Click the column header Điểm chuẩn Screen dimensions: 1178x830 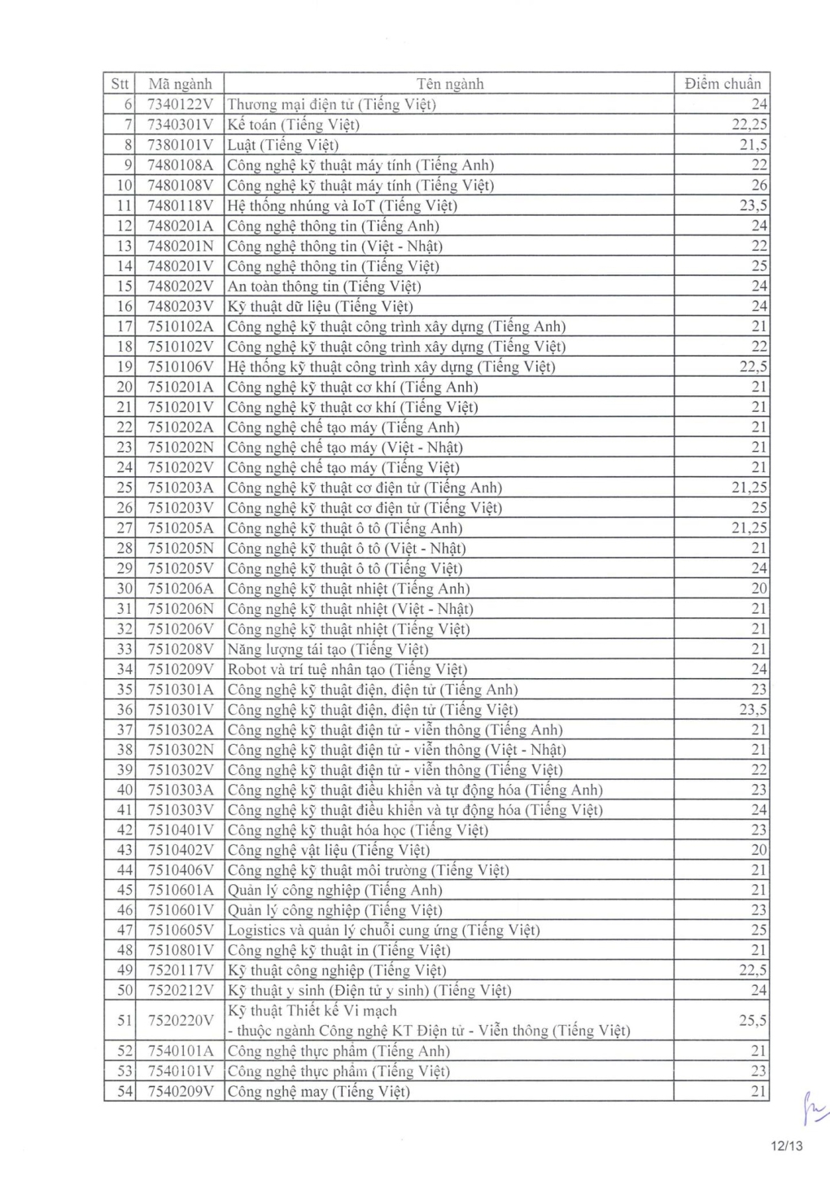[x=722, y=84]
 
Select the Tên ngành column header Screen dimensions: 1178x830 [x=449, y=84]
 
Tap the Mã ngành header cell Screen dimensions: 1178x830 [x=180, y=84]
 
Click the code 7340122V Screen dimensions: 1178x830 [x=180, y=104]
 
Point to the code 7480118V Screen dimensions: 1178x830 [x=180, y=205]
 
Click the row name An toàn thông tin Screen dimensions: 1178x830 [x=324, y=286]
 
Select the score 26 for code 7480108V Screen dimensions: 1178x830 [x=758, y=185]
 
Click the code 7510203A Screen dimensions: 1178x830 [x=180, y=488]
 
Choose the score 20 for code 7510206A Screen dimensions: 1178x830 [x=758, y=589]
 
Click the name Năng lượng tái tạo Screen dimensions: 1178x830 [x=327, y=649]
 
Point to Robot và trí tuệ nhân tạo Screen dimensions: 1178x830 [x=347, y=669]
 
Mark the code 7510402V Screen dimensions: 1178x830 [x=180, y=850]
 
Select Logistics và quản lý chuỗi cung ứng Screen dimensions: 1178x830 [x=383, y=931]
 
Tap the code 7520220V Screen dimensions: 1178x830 [x=180, y=1020]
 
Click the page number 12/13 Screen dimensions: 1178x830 [x=786, y=1146]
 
